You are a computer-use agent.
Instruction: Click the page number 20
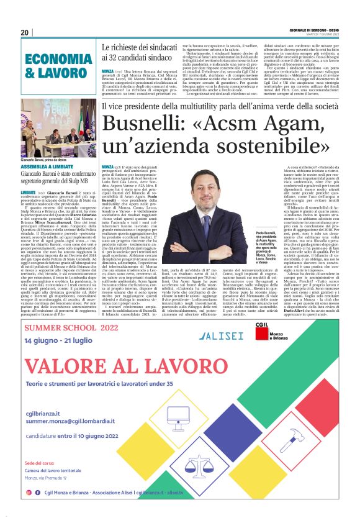point(25,32)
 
